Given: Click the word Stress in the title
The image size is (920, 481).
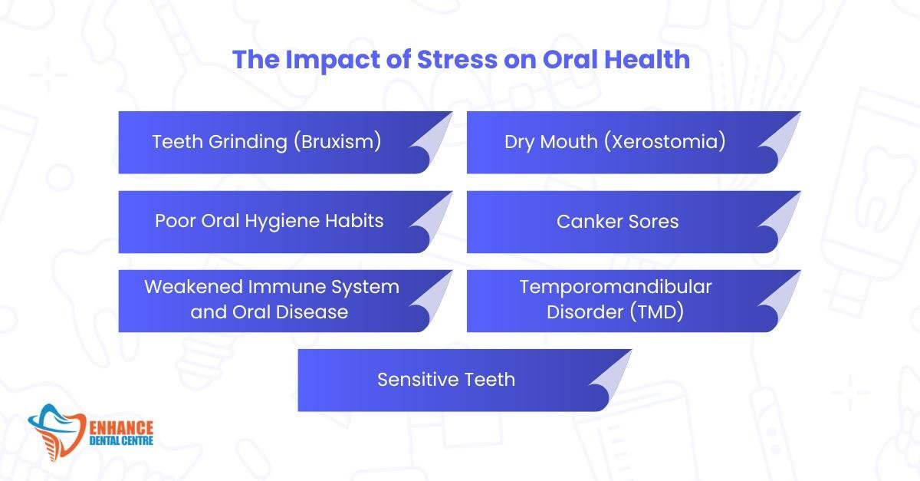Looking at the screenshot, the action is tap(457, 59).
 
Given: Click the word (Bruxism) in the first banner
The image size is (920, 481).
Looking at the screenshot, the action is tap(337, 142).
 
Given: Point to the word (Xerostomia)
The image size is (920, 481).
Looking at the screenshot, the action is tap(664, 142).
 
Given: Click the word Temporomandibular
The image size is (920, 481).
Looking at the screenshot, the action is tap(615, 287).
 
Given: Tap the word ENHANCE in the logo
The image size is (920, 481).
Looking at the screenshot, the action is tap(121, 428).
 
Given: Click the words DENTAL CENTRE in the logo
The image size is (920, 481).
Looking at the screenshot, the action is tap(121, 440).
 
